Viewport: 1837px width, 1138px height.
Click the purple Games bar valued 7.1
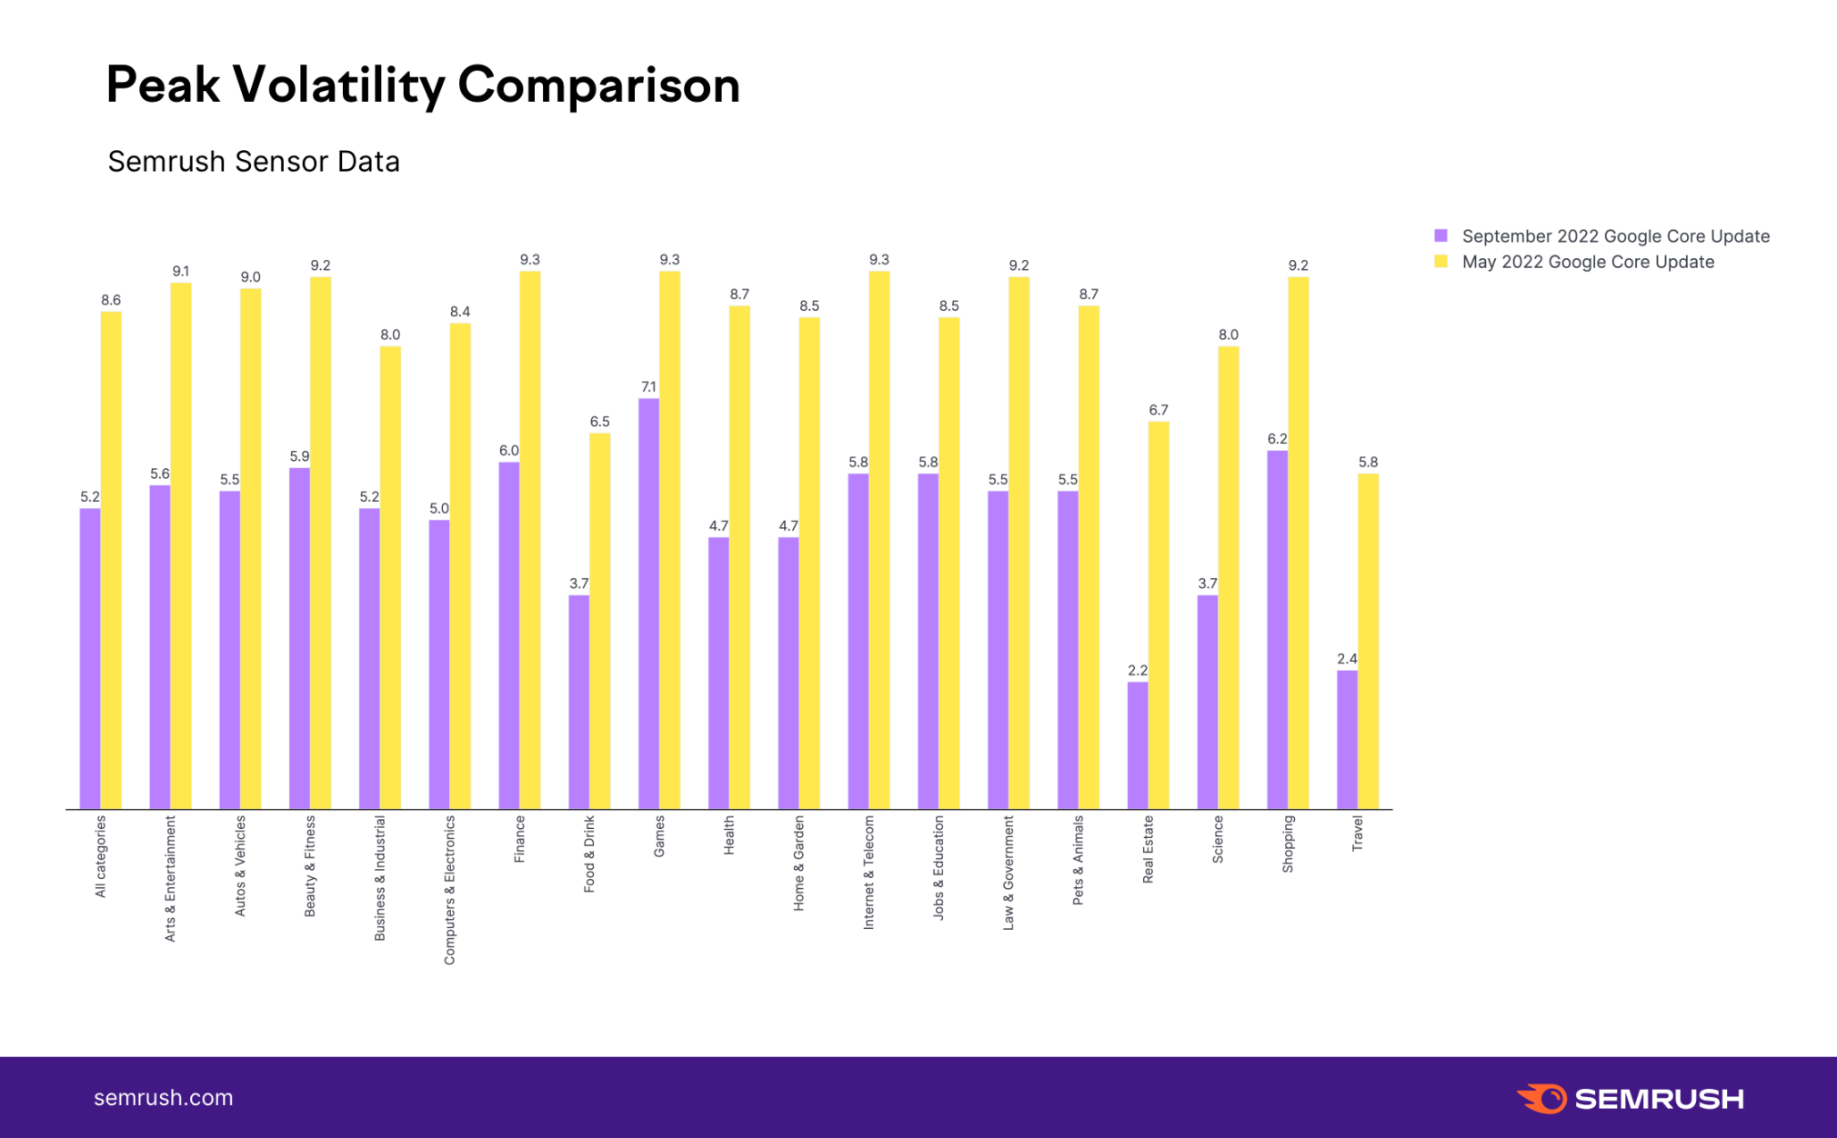click(648, 604)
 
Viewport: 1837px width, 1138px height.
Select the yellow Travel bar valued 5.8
click(1368, 641)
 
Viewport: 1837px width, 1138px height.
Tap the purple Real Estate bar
click(1138, 745)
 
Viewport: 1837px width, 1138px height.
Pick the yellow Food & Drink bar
click(600, 621)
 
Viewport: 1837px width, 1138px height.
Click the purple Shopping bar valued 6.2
click(1277, 629)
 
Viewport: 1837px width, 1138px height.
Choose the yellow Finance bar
click(530, 540)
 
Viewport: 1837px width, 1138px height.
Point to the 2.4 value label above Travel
click(1347, 659)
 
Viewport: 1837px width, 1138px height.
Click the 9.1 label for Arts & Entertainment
click(181, 271)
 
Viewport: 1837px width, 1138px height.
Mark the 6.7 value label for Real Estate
click(1158, 410)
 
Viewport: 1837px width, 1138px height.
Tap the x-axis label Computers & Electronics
click(449, 889)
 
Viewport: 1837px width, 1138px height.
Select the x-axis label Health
click(728, 834)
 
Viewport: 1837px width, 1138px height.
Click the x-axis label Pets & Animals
click(1078, 859)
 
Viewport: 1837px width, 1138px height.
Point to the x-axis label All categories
click(100, 855)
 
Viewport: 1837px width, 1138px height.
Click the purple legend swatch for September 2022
click(1440, 236)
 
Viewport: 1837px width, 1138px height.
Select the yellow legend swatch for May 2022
click(1440, 262)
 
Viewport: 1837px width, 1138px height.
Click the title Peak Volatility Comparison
click(423, 85)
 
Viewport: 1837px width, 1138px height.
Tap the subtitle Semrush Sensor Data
click(254, 162)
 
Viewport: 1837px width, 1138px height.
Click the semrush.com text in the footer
click(164, 1098)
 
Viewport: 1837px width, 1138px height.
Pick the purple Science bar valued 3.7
click(1208, 702)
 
